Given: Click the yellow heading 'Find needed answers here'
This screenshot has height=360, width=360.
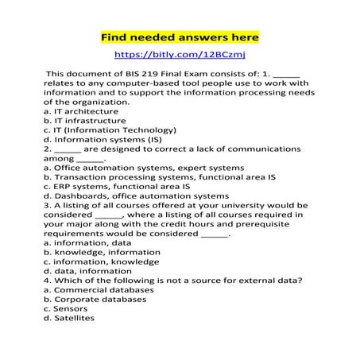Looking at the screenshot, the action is click(179, 37).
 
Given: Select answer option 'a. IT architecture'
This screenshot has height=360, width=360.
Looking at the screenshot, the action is click(81, 111).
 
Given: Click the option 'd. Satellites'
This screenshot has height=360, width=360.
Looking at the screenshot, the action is click(69, 318).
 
